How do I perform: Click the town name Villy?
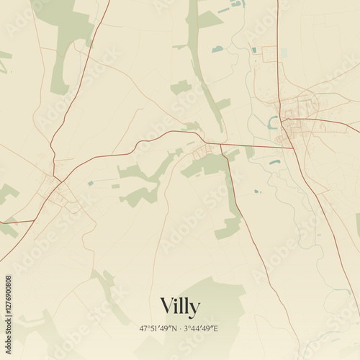coord(179,306)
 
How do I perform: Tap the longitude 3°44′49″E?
coord(201,328)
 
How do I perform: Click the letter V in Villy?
coord(166,306)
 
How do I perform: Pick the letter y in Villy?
coord(194,308)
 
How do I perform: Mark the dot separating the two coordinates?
coord(180,328)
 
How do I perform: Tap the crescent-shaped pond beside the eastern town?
coord(271,123)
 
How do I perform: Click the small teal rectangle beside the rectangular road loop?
coord(254,50)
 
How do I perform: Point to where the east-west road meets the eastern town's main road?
coord(292,148)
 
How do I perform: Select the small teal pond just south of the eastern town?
coord(274,162)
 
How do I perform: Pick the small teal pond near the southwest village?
coord(90,184)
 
